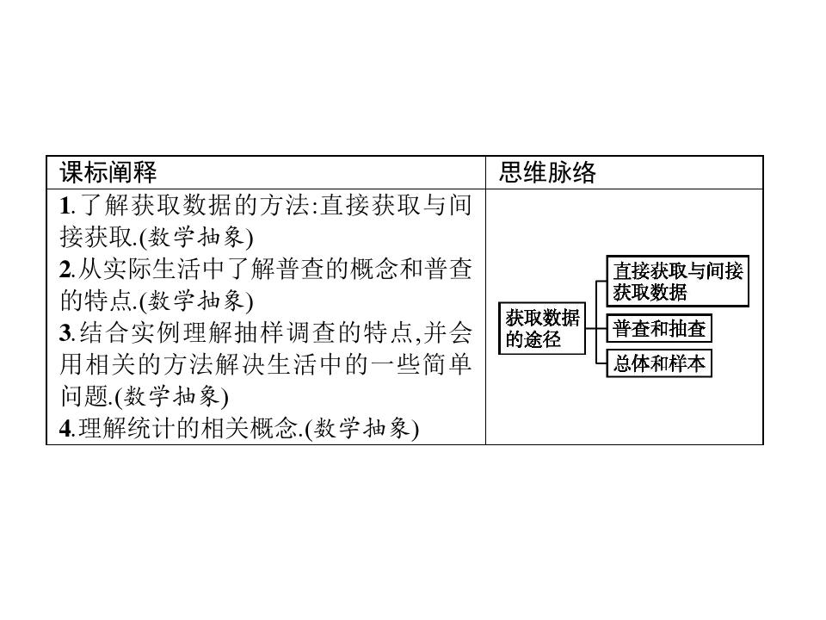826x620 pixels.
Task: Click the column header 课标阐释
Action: tap(108, 172)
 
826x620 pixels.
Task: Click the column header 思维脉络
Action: tap(547, 172)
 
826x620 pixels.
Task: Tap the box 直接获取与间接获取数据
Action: tap(677, 281)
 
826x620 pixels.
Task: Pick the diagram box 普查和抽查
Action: tap(659, 329)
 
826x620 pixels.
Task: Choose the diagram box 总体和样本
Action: tap(659, 363)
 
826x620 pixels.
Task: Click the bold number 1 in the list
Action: tap(64, 206)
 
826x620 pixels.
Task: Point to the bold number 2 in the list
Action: tap(65, 270)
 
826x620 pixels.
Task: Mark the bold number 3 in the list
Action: tap(65, 333)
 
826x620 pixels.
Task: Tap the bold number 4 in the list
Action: tap(65, 428)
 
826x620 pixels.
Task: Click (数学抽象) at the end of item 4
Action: tap(362, 428)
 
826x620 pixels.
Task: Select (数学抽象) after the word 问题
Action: tap(172, 396)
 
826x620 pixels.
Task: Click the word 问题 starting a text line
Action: tap(76, 396)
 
